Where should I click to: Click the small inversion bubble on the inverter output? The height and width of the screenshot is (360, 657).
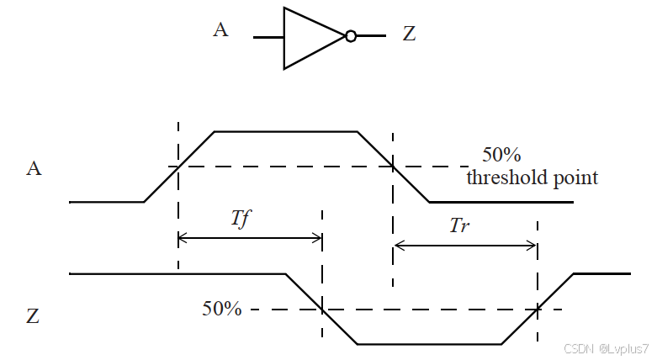tap(351, 36)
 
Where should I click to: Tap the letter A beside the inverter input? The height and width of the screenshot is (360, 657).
tap(221, 31)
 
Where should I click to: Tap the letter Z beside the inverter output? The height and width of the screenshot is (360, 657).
tap(410, 35)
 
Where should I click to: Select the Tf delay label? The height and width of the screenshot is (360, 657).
tap(241, 218)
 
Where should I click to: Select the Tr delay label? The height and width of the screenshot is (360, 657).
tap(459, 225)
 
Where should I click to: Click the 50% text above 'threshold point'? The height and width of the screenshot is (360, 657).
tap(501, 156)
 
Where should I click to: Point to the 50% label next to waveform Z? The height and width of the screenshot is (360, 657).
tap(222, 309)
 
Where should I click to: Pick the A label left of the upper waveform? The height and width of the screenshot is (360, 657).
tap(34, 168)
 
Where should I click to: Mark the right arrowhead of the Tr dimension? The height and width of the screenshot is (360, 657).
tap(532, 246)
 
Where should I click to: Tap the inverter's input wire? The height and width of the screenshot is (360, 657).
tap(268, 37)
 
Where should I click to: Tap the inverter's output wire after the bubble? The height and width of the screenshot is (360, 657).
tap(371, 36)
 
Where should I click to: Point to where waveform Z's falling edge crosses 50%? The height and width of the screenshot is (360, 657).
tap(321, 310)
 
